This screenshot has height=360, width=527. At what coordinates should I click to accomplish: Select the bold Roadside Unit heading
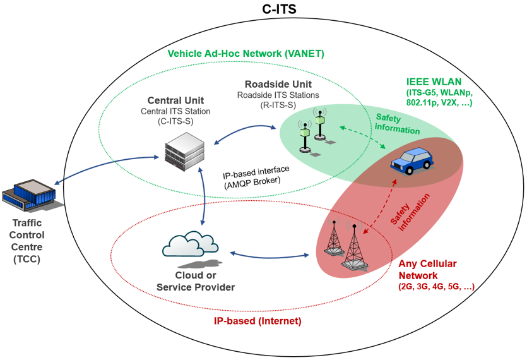(278, 84)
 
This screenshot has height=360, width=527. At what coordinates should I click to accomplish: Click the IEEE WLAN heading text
(434, 81)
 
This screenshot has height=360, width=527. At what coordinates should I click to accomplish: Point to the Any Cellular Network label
(428, 268)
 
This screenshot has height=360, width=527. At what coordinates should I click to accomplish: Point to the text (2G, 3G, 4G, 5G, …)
(435, 287)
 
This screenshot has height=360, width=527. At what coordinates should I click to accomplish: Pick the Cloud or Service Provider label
(196, 282)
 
